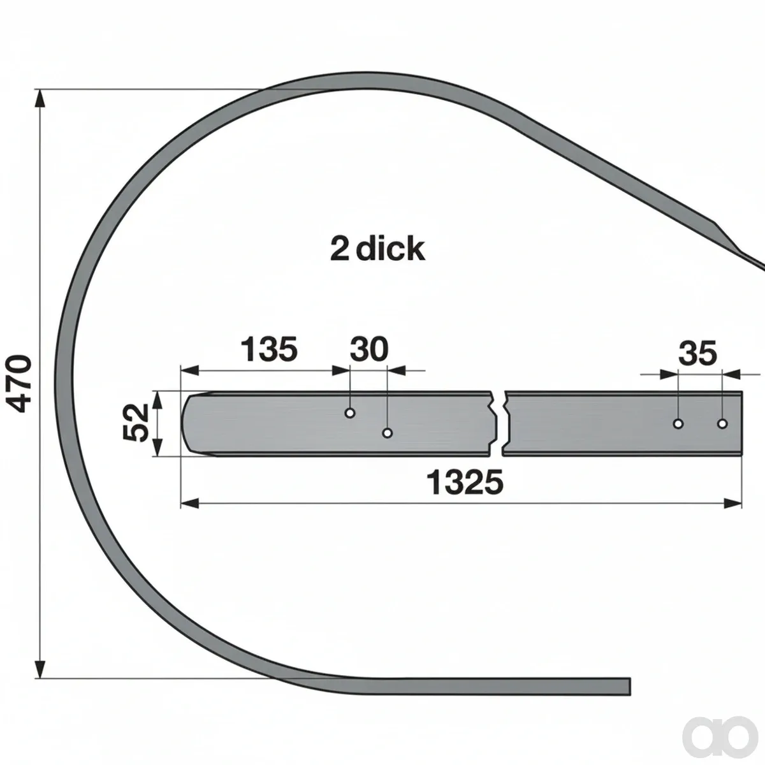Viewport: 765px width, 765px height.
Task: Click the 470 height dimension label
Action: pos(19,384)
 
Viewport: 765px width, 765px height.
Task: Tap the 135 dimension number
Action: pos(269,349)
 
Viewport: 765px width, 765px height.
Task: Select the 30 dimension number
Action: pos(369,349)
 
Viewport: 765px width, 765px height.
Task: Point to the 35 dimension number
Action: pos(697,353)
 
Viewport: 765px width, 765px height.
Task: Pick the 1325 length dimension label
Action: pos(465,483)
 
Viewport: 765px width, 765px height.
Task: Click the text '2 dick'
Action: pos(377,249)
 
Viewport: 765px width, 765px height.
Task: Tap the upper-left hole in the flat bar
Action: pos(350,413)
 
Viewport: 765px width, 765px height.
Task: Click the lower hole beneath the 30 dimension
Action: pos(388,433)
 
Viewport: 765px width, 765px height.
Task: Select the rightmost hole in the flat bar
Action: pos(722,423)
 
